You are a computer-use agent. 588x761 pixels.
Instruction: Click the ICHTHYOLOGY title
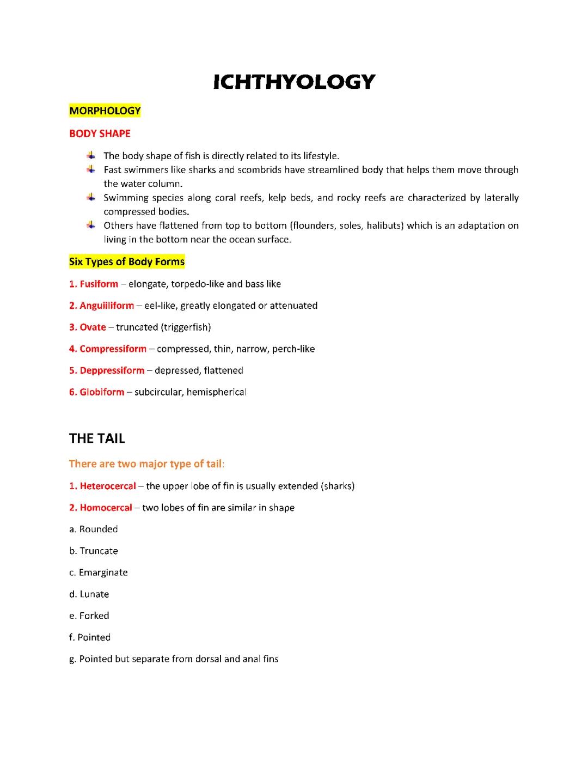coord(294,82)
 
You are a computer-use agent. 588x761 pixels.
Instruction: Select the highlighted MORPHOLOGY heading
coord(105,111)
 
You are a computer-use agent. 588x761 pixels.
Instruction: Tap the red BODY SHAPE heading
coord(100,133)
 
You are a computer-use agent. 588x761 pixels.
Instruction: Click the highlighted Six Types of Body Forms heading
coord(127,262)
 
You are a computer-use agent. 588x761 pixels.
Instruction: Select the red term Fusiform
coord(99,284)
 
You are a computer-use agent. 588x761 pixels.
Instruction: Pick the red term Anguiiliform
coord(107,306)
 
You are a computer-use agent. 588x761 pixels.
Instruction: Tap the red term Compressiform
coord(113,349)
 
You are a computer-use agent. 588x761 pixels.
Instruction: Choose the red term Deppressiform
coord(112,370)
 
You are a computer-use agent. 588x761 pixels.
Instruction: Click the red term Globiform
coord(102,392)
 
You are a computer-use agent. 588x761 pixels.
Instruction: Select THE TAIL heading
coord(97,439)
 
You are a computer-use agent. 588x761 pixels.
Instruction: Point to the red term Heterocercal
coord(108,486)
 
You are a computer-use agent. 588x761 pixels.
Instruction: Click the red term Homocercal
coord(106,508)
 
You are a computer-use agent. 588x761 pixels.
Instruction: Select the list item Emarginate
coord(103,573)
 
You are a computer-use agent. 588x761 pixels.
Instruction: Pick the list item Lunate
coord(94,594)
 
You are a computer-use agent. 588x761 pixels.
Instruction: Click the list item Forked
coord(94,616)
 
